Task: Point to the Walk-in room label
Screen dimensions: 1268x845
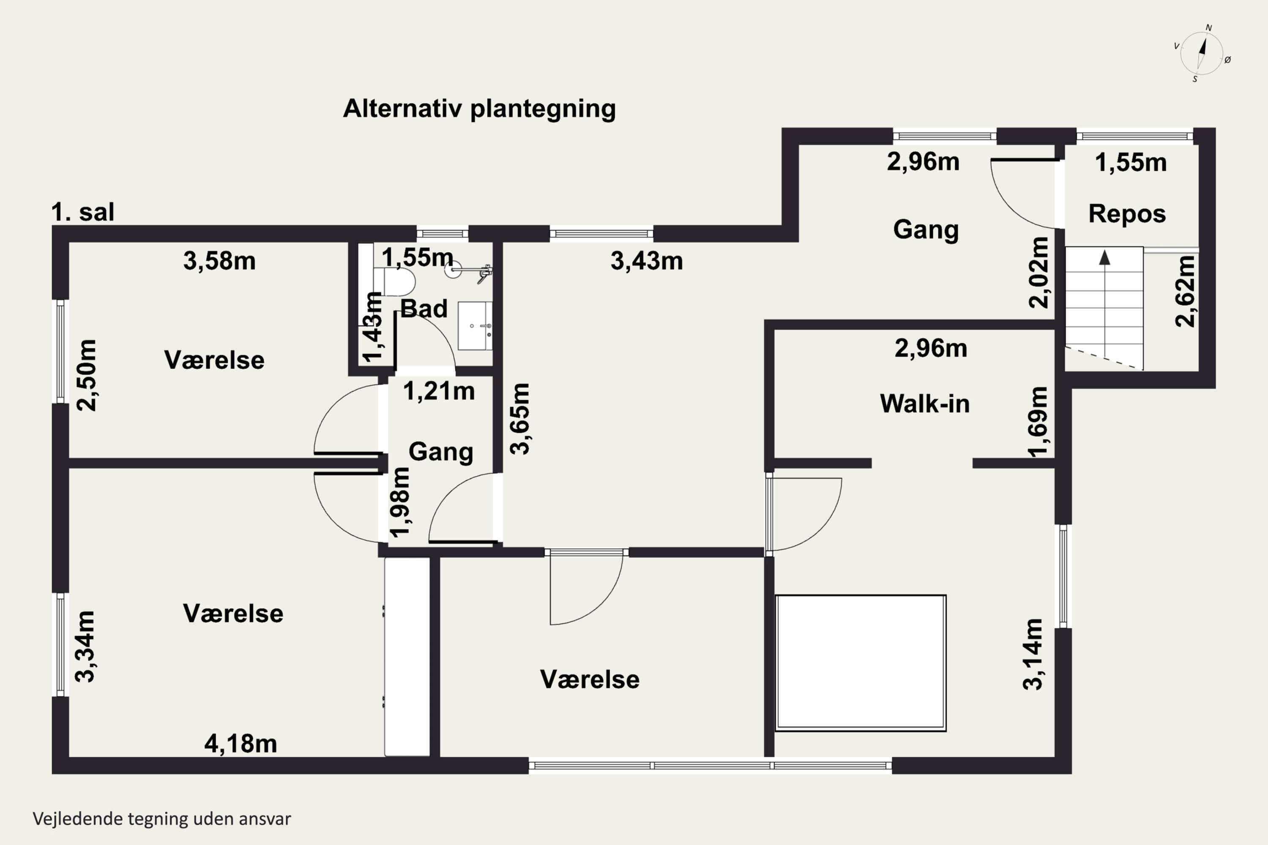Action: click(925, 403)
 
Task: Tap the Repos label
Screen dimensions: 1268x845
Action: click(1127, 214)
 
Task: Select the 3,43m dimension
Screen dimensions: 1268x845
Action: click(646, 261)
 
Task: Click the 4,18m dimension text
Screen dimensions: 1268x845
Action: click(240, 744)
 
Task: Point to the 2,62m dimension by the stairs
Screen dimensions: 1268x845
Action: click(1185, 291)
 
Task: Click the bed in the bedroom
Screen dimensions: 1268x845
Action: click(861, 663)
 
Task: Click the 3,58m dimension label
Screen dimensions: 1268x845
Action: click(219, 261)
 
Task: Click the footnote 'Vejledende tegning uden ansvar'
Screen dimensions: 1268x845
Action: click(162, 819)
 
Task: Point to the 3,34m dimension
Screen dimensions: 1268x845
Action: click(85, 647)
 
